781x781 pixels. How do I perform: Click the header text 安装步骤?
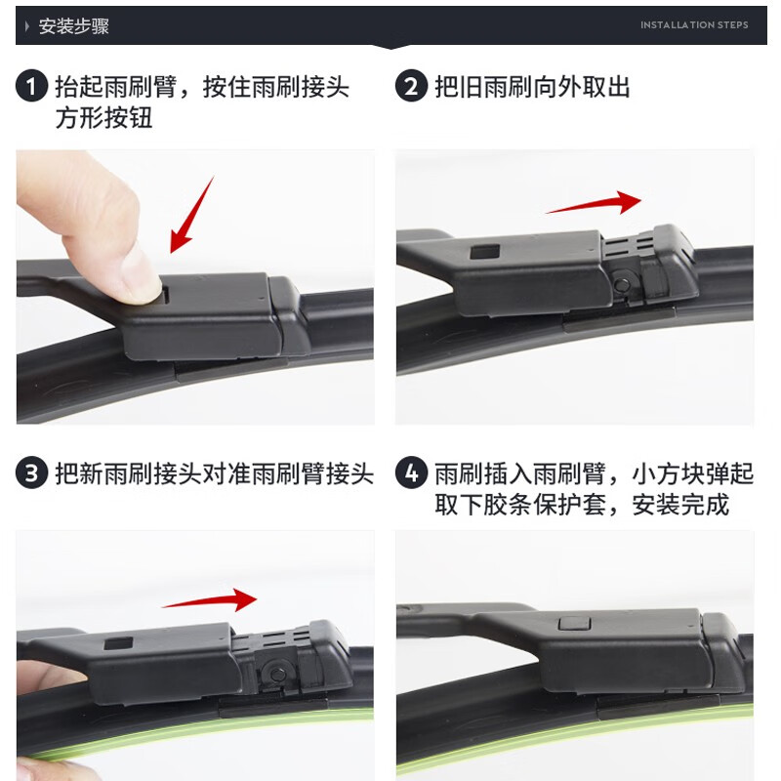73,26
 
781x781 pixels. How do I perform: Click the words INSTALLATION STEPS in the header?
694,25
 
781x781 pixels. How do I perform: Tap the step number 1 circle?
31,87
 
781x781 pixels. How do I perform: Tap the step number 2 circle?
411,87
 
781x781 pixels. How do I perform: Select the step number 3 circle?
31,474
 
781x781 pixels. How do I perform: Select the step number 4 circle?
411,474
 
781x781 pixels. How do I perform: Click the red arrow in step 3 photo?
209,599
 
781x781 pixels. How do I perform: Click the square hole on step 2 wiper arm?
480,252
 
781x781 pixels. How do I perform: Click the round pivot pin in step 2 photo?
622,284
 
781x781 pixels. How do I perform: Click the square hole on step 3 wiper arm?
118,643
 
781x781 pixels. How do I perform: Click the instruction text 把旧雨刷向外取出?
532,87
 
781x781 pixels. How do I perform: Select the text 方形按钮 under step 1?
104,118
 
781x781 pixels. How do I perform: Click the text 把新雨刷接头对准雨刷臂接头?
214,474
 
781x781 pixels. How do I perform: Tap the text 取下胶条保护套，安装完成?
582,505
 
